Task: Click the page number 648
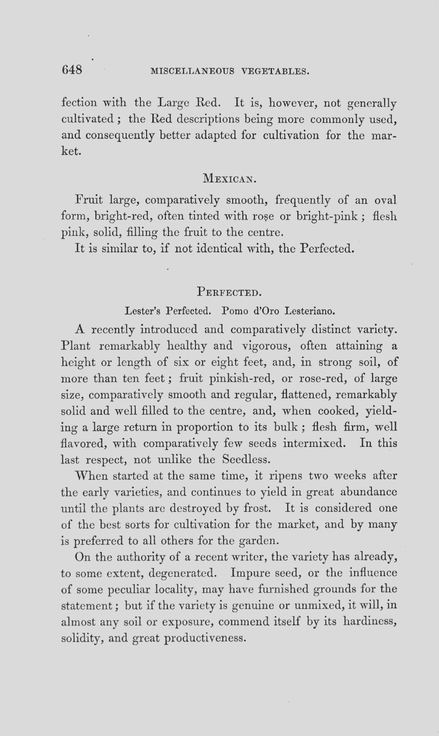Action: pyautogui.click(x=72, y=70)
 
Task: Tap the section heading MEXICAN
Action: pyautogui.click(x=230, y=179)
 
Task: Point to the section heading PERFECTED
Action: pyautogui.click(x=229, y=291)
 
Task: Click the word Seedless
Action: pyautogui.click(x=245, y=460)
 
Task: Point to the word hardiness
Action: pyautogui.click(x=370, y=622)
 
